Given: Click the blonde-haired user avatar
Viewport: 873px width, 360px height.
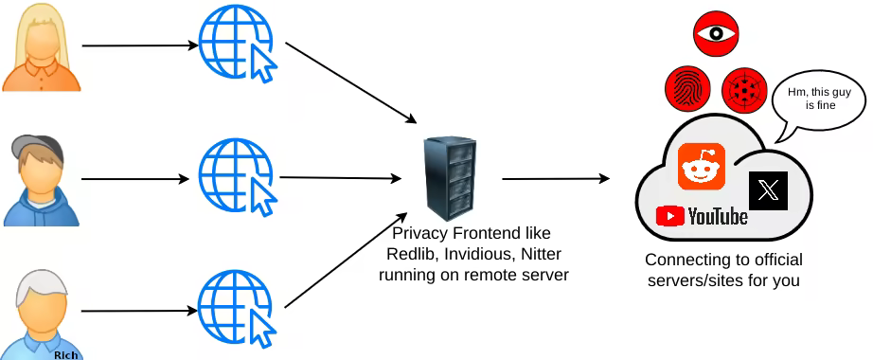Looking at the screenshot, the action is coord(41,48).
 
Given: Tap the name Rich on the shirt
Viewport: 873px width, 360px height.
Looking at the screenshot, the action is coord(65,354).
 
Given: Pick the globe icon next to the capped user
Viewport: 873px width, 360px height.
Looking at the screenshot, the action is coord(238,178).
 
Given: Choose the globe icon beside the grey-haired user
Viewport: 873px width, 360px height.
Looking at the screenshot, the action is coord(238,309).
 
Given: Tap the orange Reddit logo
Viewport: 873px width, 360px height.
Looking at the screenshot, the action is coord(701,166).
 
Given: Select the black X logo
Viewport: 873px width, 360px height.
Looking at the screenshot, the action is coord(768,190).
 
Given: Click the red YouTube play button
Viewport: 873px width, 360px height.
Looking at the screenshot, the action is coord(669,216).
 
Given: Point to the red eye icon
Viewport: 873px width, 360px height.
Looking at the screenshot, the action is coord(716,33).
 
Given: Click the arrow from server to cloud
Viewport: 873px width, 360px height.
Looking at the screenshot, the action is coord(556,179).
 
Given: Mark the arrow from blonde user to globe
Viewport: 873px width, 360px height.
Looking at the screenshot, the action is coord(140,45).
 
